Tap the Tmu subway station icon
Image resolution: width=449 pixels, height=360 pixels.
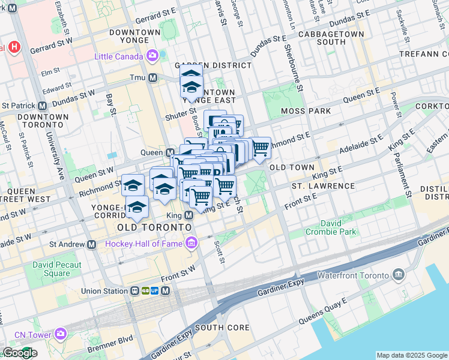[x=153, y=77]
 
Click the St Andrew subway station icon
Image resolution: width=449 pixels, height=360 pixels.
[x=92, y=244]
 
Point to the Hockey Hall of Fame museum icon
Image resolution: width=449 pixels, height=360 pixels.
[x=191, y=243]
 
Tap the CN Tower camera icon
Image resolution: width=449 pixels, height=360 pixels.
[x=61, y=333]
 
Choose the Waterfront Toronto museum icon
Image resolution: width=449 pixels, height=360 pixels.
[x=398, y=275]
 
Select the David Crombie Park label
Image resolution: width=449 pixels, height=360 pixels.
[x=330, y=227]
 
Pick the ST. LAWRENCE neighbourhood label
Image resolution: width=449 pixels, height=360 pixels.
[x=323, y=186]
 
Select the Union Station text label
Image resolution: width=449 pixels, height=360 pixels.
[x=104, y=291]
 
